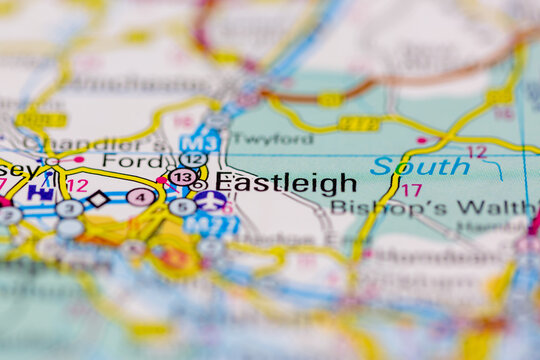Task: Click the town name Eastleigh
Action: [x=286, y=183]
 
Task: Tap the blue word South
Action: [x=420, y=167]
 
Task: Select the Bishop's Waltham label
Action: [x=432, y=208]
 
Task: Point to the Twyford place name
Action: [x=271, y=140]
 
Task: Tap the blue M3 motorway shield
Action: [x=200, y=143]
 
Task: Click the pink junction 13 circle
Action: [x=182, y=177]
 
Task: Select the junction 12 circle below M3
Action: [x=193, y=159]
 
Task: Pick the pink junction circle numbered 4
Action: [x=141, y=197]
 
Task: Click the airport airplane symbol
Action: [x=210, y=200]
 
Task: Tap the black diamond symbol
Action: [x=97, y=199]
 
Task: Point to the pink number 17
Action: [x=411, y=190]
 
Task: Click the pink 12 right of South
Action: [x=477, y=152]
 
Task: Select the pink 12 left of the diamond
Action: [x=77, y=185]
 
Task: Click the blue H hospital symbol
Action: [x=40, y=193]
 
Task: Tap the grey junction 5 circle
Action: [x=182, y=208]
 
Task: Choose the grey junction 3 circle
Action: [x=69, y=209]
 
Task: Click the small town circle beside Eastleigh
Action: [x=199, y=185]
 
